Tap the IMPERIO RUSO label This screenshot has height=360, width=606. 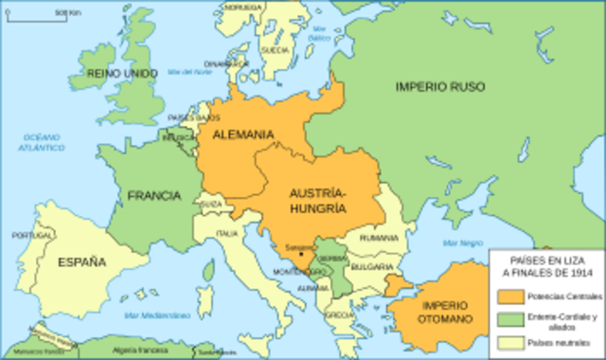pyautogui.click(x=439, y=86)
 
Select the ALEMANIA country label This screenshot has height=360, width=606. pyautogui.click(x=243, y=135)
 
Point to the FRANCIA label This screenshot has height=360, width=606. pyautogui.click(x=154, y=195)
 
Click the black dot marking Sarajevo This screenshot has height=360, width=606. pyautogui.click(x=302, y=254)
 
